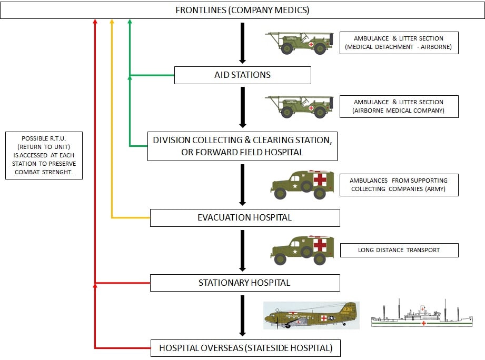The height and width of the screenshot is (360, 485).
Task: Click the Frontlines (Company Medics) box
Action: coord(242,10)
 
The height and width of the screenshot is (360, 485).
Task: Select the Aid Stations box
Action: coord(242,75)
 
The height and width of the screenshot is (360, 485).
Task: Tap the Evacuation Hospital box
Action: coord(245,218)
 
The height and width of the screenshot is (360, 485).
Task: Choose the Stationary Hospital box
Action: coord(245,283)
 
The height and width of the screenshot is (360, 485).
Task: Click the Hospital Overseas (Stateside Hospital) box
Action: coord(245,348)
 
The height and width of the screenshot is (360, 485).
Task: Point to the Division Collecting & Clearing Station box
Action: coord(242,146)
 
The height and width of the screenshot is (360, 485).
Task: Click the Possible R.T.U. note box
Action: coord(44,155)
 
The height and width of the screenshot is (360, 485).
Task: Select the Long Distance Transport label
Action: coord(399,251)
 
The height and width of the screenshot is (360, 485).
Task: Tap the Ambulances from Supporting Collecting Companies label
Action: coord(399,185)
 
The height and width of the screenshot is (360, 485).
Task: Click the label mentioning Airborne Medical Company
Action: coord(399,107)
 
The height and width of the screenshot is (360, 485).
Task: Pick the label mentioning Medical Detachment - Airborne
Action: coord(399,43)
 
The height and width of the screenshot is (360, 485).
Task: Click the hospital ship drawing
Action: coord(422,314)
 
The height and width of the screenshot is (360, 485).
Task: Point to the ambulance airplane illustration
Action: coord(311,315)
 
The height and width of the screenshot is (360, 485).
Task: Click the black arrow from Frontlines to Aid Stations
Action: coord(242,43)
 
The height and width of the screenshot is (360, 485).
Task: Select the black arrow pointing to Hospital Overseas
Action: coord(242,315)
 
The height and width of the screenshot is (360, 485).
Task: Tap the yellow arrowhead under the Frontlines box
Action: coord(112,22)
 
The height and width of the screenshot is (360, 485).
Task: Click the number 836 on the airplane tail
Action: coord(348,309)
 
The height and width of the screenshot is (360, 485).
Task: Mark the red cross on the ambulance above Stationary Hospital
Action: coord(320,245)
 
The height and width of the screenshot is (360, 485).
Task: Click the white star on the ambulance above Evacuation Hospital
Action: coord(295,186)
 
